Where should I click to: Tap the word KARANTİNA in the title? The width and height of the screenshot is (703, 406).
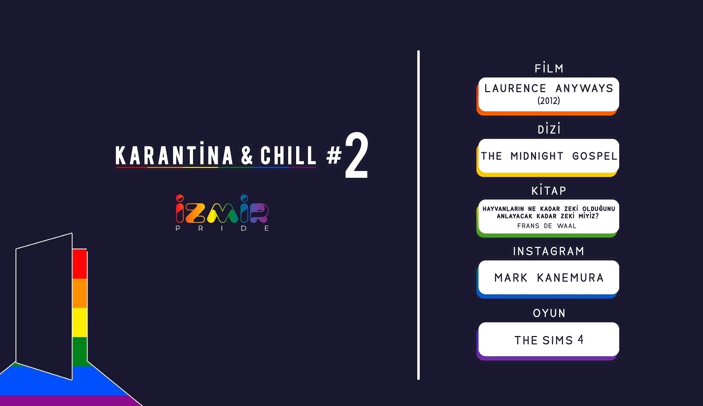point(174,156)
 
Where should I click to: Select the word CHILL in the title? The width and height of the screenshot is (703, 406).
point(288,156)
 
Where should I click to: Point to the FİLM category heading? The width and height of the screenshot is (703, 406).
point(549,68)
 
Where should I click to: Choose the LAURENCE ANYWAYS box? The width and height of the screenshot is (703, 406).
point(548,94)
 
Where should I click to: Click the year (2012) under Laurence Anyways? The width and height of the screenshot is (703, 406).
point(549,101)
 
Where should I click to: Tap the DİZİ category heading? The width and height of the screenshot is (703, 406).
point(549,130)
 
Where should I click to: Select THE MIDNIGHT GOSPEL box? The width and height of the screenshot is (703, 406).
point(548,156)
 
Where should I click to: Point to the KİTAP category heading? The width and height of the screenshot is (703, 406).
point(549,191)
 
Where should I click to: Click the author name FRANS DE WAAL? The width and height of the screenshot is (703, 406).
point(547,226)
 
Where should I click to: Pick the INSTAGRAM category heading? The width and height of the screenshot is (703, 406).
point(549,251)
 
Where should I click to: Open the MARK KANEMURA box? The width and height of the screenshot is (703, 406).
point(548,277)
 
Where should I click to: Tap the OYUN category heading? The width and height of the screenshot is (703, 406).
point(549,313)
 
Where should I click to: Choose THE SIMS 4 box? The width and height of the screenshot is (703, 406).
point(548,339)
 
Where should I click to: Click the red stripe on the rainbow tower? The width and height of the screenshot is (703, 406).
point(79,264)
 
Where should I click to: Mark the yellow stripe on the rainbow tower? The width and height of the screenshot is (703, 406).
point(79,322)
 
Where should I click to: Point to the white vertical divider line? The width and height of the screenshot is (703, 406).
point(418,215)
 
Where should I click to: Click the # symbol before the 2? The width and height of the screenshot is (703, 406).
point(334,156)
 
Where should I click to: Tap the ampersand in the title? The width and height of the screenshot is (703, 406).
point(247,156)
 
